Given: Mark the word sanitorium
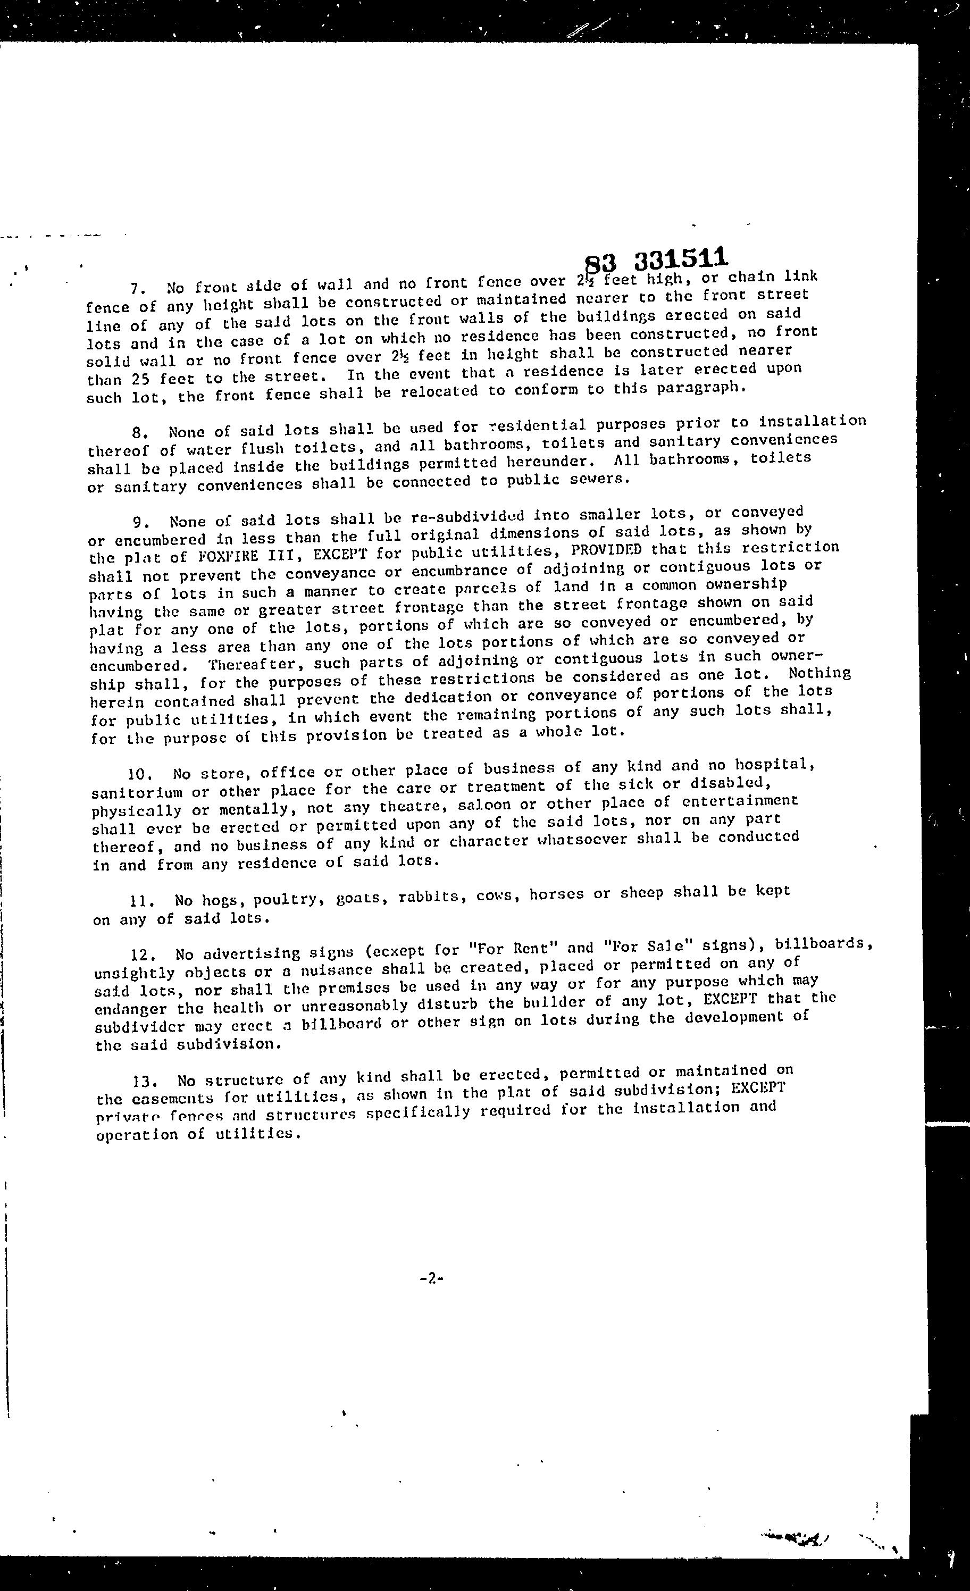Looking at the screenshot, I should click(136, 792).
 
